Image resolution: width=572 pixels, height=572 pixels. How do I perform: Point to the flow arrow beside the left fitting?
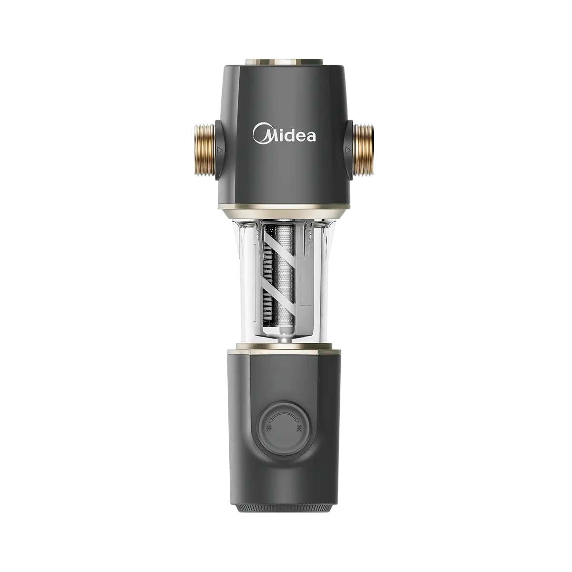(x=220, y=150)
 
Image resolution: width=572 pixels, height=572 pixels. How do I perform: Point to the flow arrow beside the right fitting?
(x=347, y=150)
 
